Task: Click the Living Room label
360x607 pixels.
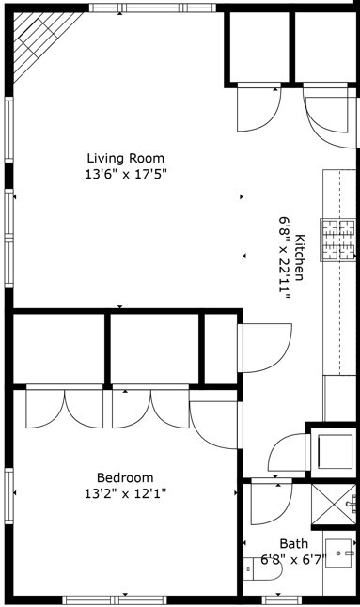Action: tap(125, 159)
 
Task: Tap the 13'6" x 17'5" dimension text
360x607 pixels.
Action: tap(125, 175)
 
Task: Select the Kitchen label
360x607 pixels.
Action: tap(300, 257)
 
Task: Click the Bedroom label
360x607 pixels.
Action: tap(125, 477)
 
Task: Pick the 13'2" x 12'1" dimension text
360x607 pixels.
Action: tap(125, 493)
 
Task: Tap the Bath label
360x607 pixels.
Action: tap(294, 544)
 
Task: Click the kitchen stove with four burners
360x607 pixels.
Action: tap(338, 240)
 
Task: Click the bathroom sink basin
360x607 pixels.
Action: tap(339, 553)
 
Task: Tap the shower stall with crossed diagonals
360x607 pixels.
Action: tap(334, 504)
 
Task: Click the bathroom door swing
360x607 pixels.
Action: tap(271, 502)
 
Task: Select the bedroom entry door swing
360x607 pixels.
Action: tap(215, 425)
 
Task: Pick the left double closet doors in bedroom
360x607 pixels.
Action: tap(65, 407)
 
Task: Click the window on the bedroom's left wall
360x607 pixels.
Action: tap(8, 496)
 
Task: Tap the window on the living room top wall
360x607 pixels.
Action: tap(153, 8)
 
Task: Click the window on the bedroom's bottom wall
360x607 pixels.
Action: tap(115, 600)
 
